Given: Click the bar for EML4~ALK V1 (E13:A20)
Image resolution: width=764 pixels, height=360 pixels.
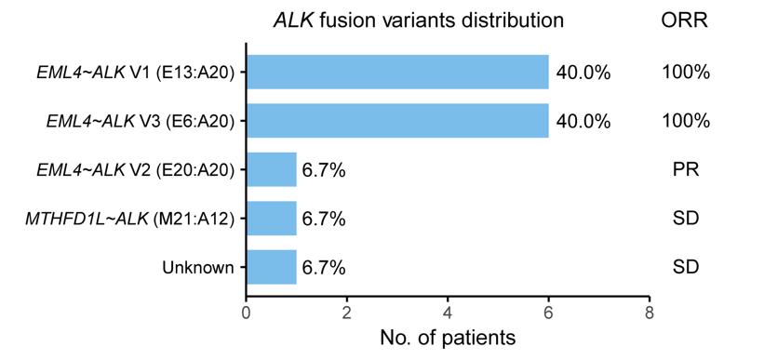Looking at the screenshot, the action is (x=397, y=73).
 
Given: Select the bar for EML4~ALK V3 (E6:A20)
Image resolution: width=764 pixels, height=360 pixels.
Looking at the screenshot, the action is (x=397, y=121).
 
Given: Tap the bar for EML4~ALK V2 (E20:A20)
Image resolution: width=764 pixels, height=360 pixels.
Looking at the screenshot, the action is (x=272, y=169).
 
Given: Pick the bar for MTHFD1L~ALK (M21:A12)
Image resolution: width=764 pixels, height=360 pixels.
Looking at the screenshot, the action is (x=272, y=219).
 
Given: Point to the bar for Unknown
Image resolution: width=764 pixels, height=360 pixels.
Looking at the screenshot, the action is (x=272, y=267).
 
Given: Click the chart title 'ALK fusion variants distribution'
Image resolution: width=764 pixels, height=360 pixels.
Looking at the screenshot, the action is (x=418, y=20).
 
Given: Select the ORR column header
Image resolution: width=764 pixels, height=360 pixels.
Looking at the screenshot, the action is (x=685, y=20).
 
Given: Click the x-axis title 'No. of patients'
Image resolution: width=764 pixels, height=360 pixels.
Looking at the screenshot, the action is (x=448, y=338).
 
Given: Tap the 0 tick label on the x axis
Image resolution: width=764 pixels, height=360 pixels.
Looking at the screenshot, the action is (x=247, y=313).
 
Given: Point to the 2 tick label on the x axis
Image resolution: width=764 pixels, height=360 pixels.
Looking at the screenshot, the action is (x=347, y=313).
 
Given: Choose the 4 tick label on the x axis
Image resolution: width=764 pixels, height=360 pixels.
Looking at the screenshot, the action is (x=448, y=313).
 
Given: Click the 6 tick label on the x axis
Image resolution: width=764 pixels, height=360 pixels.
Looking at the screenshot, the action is (x=549, y=313).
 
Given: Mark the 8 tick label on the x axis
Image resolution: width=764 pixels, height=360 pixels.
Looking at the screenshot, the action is (x=649, y=313).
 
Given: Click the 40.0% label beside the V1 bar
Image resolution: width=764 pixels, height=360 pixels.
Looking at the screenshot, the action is (x=583, y=73).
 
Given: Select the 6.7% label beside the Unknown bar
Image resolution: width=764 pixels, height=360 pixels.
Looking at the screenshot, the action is (x=324, y=268).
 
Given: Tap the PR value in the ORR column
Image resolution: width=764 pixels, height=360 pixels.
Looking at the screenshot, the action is (x=685, y=170).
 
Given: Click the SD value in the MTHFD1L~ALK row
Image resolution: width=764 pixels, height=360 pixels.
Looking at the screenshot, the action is (x=685, y=220).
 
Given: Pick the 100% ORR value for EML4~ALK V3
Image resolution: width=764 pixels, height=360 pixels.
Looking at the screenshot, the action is (x=686, y=121).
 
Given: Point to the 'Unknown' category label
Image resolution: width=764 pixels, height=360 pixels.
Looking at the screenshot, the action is (x=198, y=268).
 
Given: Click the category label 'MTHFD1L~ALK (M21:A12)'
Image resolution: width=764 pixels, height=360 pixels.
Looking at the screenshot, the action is (x=129, y=220).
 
